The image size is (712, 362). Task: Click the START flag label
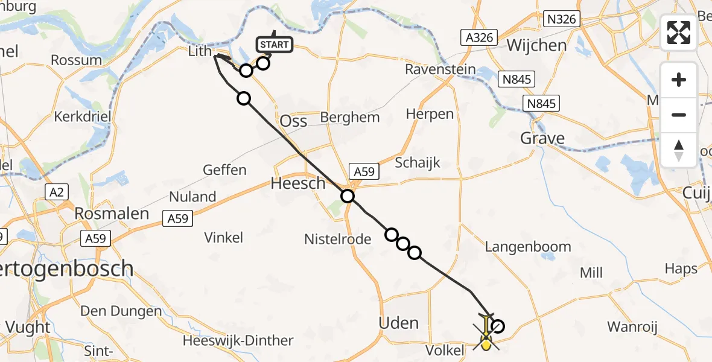pyautogui.click(x=275, y=45)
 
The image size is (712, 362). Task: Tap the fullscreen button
pyautogui.click(x=679, y=33)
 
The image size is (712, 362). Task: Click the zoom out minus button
pyautogui.click(x=679, y=115)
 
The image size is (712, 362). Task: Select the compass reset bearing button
pyautogui.click(x=679, y=150)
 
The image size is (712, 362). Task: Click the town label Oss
pyautogui.click(x=294, y=121)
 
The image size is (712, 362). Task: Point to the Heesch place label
pyautogui.click(x=299, y=183)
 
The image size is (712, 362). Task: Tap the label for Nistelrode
pyautogui.click(x=337, y=239)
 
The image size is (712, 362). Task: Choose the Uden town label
pyautogui.click(x=398, y=323)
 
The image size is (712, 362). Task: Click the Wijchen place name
pyautogui.click(x=537, y=45)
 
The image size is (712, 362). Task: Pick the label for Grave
pyautogui.click(x=543, y=139)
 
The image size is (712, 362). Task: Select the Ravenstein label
pyautogui.click(x=437, y=69)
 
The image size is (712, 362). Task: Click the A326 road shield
pyautogui.click(x=479, y=37)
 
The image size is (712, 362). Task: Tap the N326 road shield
pyautogui.click(x=562, y=19)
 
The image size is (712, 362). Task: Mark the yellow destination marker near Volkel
pyautogui.click(x=486, y=343)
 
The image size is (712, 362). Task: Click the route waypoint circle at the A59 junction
pyautogui.click(x=348, y=195)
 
